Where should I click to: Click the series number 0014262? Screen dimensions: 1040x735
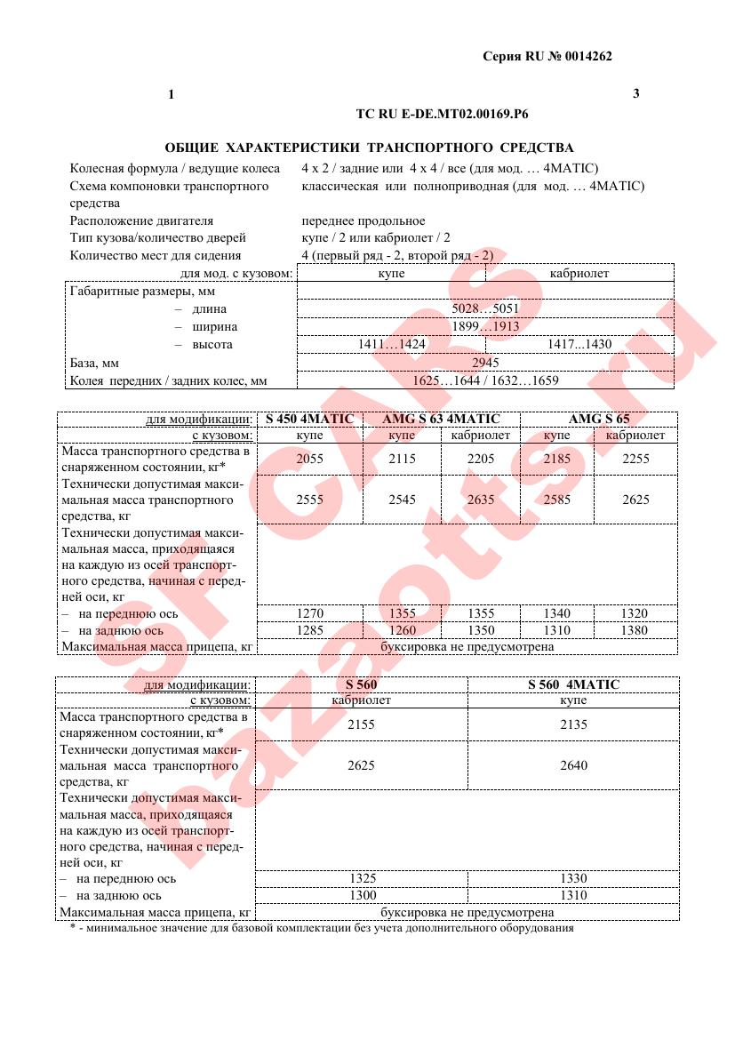tap(587, 57)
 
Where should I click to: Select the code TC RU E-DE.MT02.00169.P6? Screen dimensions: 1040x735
tap(442, 114)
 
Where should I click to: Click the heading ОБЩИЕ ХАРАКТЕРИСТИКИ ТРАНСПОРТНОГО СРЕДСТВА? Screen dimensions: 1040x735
tap(369, 148)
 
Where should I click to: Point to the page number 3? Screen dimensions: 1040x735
tap(636, 93)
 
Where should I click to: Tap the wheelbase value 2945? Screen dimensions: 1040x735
tap(486, 363)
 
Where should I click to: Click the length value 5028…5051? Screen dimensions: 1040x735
tap(486, 309)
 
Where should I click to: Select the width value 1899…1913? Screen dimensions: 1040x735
tap(486, 327)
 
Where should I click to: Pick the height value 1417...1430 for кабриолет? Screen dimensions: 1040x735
tap(579, 344)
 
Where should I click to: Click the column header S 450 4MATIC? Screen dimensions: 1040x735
tap(309, 419)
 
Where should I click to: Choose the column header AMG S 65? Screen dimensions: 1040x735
tap(598, 419)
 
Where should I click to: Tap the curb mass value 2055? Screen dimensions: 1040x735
tap(309, 459)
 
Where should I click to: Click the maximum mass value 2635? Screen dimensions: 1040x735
tap(481, 500)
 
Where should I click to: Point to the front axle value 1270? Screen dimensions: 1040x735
tap(309, 613)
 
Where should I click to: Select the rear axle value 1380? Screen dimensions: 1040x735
tap(635, 630)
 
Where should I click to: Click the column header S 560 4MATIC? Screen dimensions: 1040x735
tap(573, 684)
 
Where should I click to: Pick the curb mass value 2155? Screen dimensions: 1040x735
tap(361, 724)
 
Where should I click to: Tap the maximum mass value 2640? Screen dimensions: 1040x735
tap(573, 765)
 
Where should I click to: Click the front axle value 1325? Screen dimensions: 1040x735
tap(361, 878)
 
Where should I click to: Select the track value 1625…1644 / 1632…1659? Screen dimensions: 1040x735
tap(486, 380)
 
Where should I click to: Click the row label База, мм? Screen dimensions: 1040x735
tap(94, 364)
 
